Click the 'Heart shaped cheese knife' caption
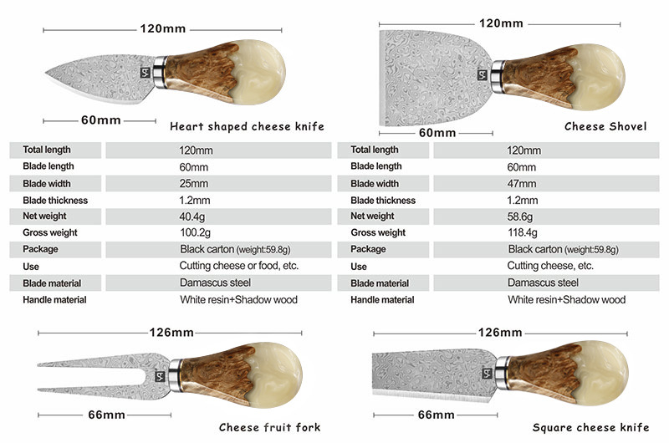point(247,127)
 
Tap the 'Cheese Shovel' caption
point(605,127)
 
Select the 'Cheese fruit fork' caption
point(269,428)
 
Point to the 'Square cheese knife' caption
point(590,428)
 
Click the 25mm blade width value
point(193,184)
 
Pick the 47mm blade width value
point(522,184)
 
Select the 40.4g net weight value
point(193,216)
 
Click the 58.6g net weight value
point(522,216)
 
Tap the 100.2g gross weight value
point(196,232)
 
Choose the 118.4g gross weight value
point(524,232)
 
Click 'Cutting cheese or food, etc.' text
point(239,266)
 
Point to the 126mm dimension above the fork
point(171,333)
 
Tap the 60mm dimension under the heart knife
point(101,120)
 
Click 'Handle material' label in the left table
point(55,299)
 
